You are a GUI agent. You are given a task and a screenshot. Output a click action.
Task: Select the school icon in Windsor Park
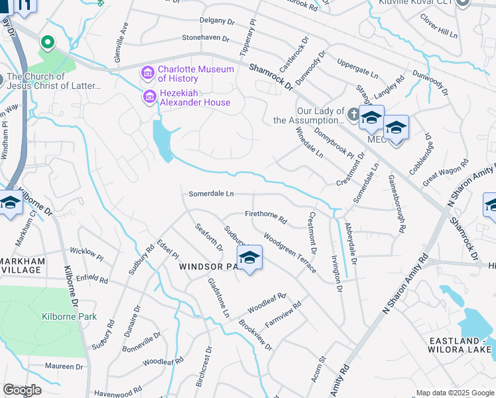click(249, 259)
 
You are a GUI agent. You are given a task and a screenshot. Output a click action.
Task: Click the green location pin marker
click(47, 43)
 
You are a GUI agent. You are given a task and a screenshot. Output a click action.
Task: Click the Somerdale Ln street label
click(212, 194)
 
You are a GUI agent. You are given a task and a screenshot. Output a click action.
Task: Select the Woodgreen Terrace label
click(290, 249)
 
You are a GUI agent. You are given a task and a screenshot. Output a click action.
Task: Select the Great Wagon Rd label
click(446, 170)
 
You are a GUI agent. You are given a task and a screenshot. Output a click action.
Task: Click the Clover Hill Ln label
click(439, 25)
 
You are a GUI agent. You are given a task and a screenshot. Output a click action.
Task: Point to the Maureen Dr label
click(64, 366)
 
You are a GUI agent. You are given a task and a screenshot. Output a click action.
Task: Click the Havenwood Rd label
click(118, 391)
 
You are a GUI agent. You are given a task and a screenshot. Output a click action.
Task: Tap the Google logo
click(23, 390)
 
